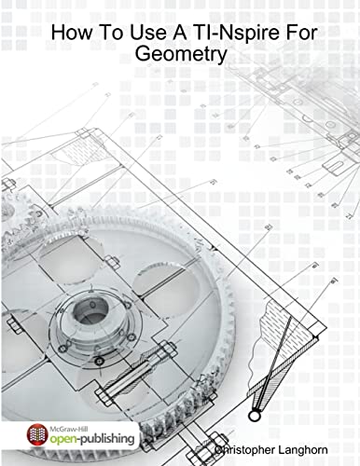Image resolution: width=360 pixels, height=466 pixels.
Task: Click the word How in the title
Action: (x=71, y=34)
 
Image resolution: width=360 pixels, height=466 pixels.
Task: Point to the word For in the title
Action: (x=292, y=34)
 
